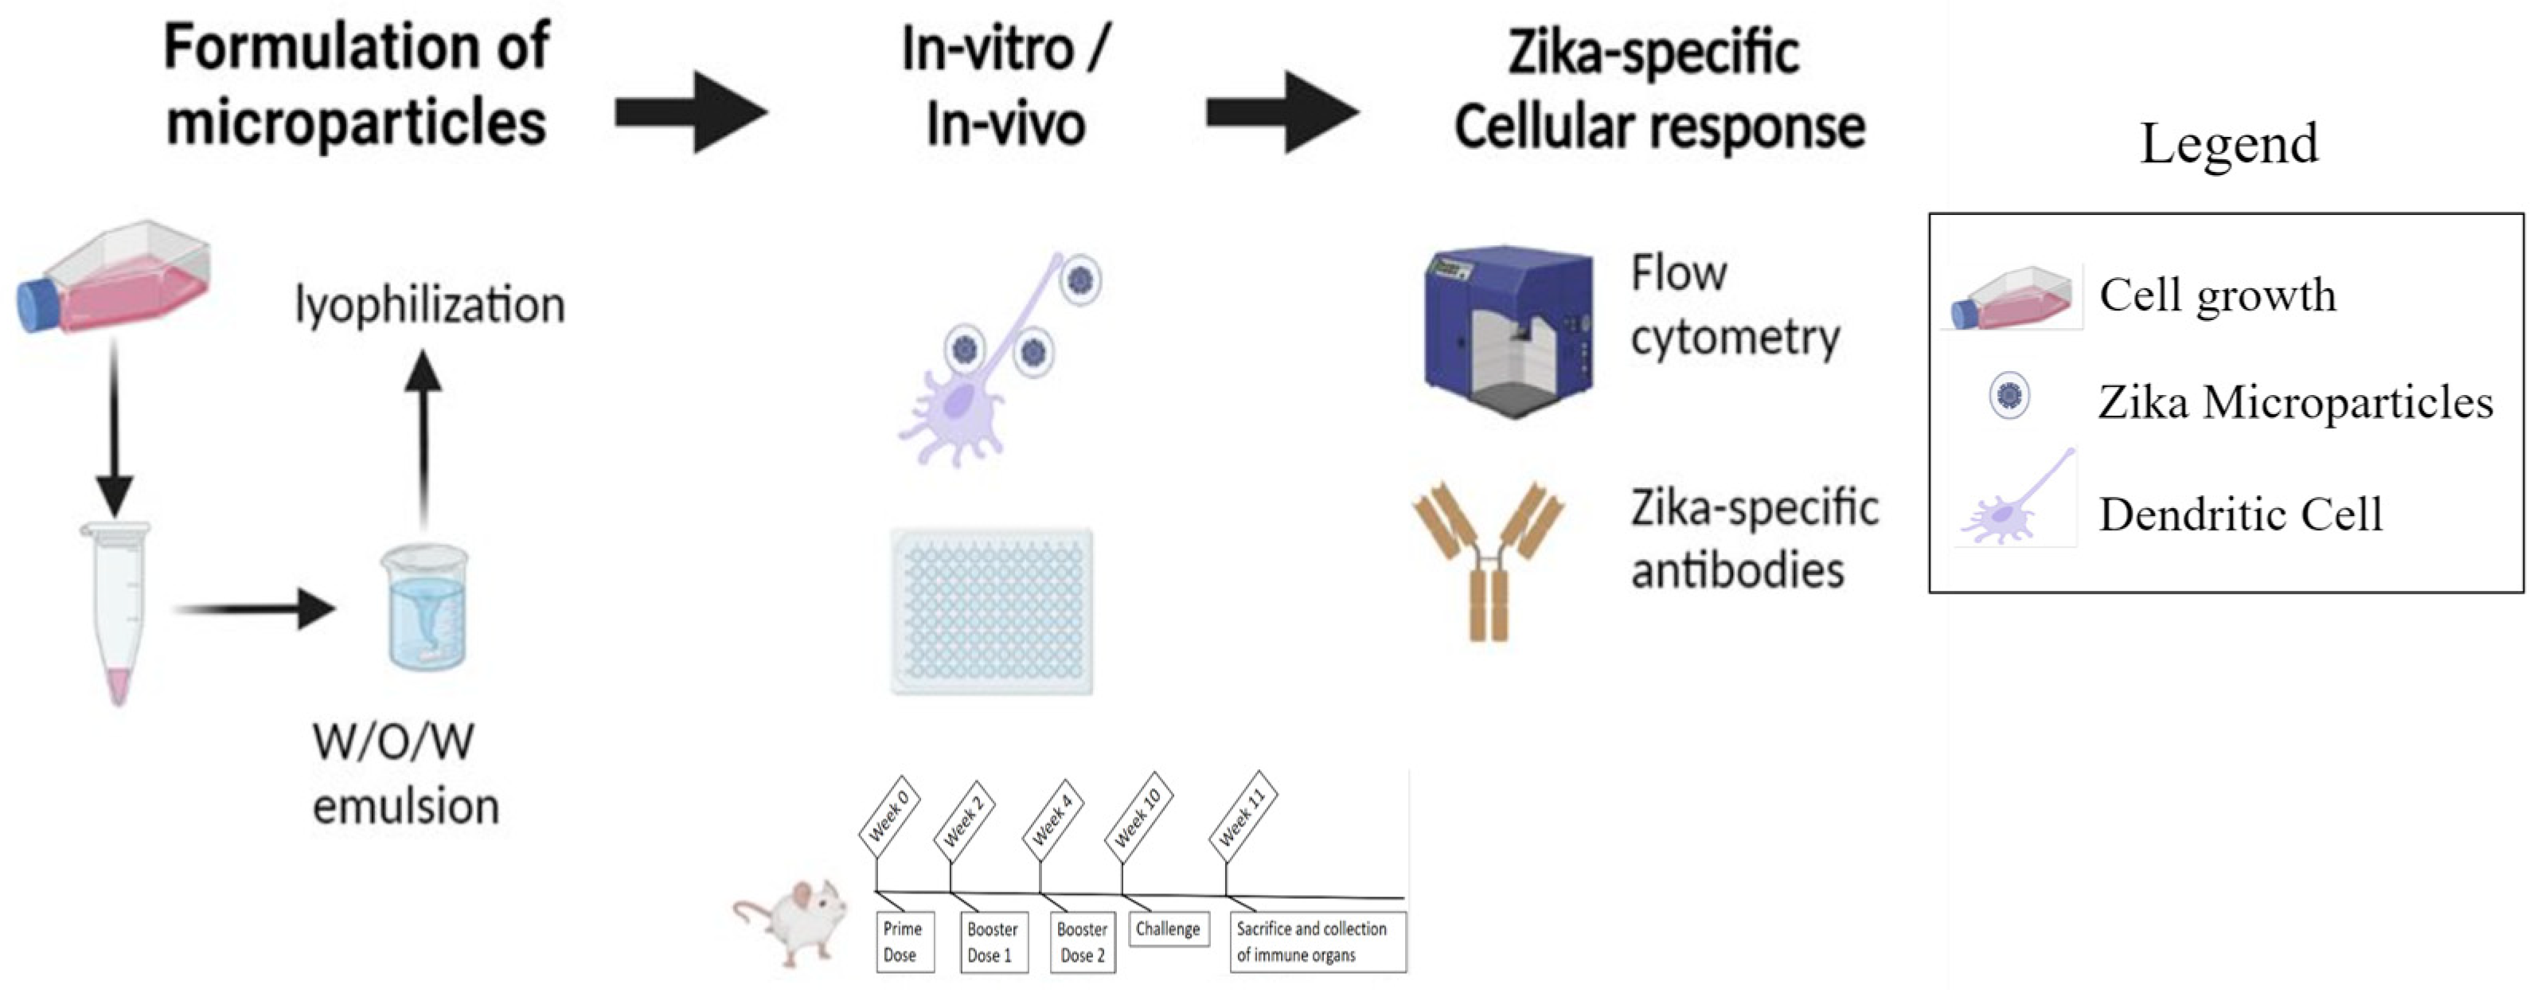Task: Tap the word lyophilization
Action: [x=430, y=305]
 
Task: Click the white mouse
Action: [x=796, y=920]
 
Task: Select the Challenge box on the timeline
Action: [x=1168, y=928]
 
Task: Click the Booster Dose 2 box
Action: [x=1082, y=941]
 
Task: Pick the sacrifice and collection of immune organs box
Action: [x=1317, y=941]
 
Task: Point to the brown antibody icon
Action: [x=1488, y=558]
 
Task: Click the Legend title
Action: [x=2229, y=144]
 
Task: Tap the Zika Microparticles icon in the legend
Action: [x=2008, y=397]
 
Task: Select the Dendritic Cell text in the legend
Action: [x=2240, y=514]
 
